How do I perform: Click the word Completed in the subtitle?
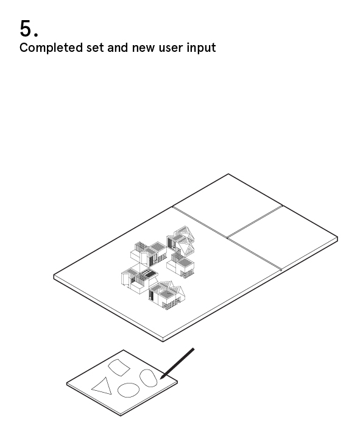[51, 48]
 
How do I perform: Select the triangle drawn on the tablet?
[101, 386]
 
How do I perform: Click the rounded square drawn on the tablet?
[119, 367]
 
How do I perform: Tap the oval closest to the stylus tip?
[148, 378]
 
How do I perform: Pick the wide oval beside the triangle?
[129, 390]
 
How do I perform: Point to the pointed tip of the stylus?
[161, 379]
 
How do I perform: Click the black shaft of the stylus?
[178, 363]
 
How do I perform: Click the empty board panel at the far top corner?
[227, 206]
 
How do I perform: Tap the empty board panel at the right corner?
[283, 238]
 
